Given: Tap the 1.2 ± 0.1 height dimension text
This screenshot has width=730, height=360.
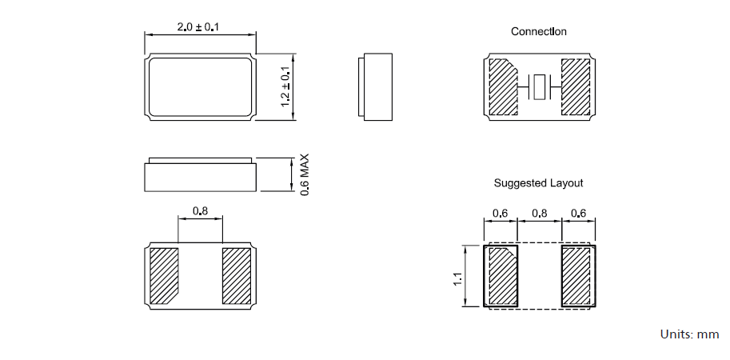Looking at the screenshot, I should tap(285, 87).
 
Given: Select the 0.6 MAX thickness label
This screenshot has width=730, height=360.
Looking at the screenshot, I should tap(304, 175).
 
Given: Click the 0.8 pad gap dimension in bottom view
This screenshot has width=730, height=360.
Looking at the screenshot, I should tap(200, 212).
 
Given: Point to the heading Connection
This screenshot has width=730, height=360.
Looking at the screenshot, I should tap(539, 31).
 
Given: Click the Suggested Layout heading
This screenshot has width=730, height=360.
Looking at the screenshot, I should tap(538, 183).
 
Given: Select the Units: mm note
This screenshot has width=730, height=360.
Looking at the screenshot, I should tap(689, 334).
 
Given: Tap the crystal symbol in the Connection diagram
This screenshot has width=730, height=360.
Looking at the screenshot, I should tap(541, 86).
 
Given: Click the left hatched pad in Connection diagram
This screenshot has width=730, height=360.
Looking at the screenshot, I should tap(501, 86).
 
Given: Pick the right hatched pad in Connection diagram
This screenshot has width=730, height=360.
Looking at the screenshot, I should tap(576, 86).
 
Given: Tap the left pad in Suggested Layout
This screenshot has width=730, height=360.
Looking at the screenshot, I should tap(501, 276).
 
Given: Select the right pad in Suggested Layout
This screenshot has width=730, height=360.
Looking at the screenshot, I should tap(577, 276).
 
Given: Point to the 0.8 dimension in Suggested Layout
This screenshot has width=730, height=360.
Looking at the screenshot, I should tap(540, 214).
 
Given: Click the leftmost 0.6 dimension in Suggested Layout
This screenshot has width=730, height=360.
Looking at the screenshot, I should tap(501, 214).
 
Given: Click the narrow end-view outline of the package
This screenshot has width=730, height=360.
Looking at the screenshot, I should tap(376, 87).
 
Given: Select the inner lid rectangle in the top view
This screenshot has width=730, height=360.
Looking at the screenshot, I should tap(200, 87).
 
